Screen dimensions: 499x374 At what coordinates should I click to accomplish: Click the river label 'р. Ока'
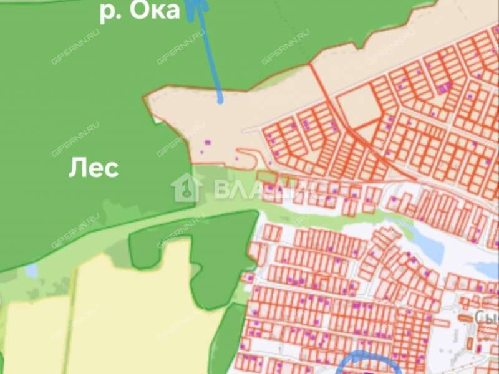tap(139, 11)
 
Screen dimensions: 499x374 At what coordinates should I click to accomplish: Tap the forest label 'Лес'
tap(93, 168)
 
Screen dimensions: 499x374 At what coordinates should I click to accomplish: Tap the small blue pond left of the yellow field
tap(31, 271)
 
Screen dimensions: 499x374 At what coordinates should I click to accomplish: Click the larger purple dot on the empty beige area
tap(207, 142)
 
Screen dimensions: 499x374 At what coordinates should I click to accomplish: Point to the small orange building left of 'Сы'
tap(465, 318)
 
